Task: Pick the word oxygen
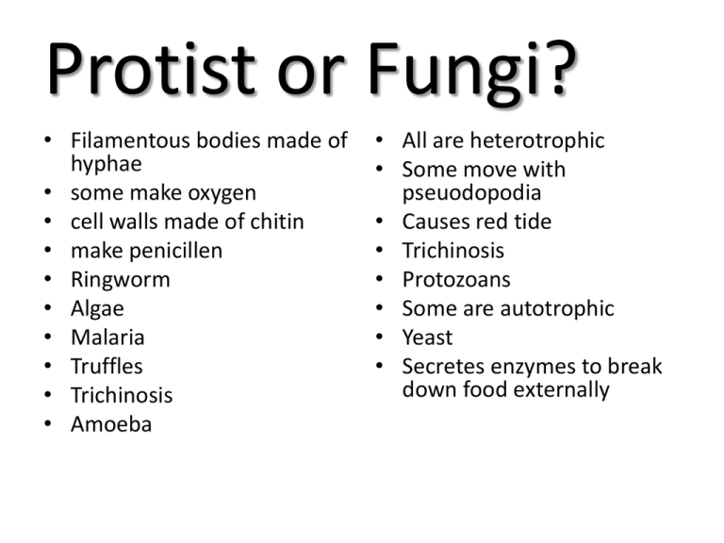(220, 193)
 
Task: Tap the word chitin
(268, 222)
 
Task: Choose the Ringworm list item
(120, 280)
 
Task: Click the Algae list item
(97, 308)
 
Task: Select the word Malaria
(107, 337)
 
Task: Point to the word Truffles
(107, 367)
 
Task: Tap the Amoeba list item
(110, 424)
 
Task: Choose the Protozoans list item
(455, 280)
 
